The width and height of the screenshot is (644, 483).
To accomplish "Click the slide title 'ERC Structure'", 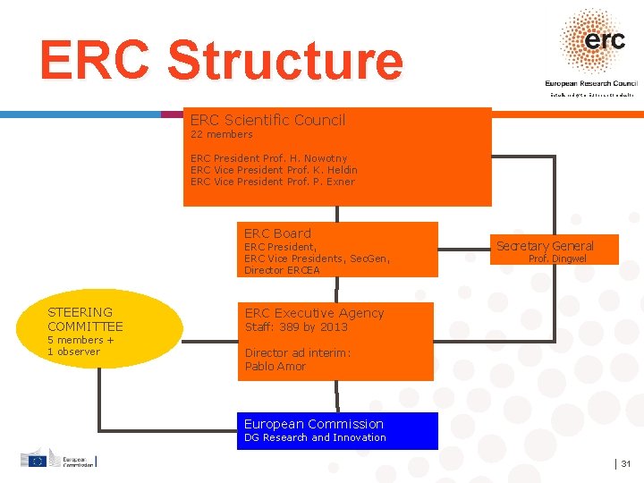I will pyautogui.click(x=221, y=61).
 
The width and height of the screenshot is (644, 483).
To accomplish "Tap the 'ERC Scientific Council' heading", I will pyautogui.click(x=267, y=120).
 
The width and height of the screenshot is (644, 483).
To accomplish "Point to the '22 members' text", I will pyautogui.click(x=221, y=134).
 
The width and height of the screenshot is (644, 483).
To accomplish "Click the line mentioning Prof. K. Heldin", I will pyautogui.click(x=274, y=170).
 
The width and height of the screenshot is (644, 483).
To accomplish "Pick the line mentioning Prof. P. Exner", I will pyautogui.click(x=272, y=182).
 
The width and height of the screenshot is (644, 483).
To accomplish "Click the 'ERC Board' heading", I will pyautogui.click(x=277, y=233).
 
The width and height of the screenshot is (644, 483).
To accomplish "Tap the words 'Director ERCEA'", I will pyautogui.click(x=282, y=270).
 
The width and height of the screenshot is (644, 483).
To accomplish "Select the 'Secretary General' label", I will pyautogui.click(x=545, y=246).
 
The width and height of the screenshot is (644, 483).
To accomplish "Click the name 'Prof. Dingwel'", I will pyautogui.click(x=557, y=259).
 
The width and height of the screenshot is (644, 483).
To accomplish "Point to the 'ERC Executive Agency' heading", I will pyautogui.click(x=314, y=313).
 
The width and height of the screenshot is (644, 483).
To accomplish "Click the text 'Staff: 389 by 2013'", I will pyautogui.click(x=296, y=327).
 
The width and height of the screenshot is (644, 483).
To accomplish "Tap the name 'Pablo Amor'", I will pyautogui.click(x=275, y=367).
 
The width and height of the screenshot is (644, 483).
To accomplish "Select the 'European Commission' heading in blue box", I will pyautogui.click(x=313, y=424).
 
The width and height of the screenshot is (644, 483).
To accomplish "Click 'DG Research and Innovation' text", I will pyautogui.click(x=315, y=437).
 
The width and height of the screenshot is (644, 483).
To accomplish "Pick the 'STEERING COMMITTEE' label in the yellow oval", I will pyautogui.click(x=85, y=319).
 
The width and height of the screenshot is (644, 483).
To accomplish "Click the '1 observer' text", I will pyautogui.click(x=73, y=352).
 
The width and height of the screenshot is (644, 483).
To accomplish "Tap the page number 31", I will pyautogui.click(x=626, y=463).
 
